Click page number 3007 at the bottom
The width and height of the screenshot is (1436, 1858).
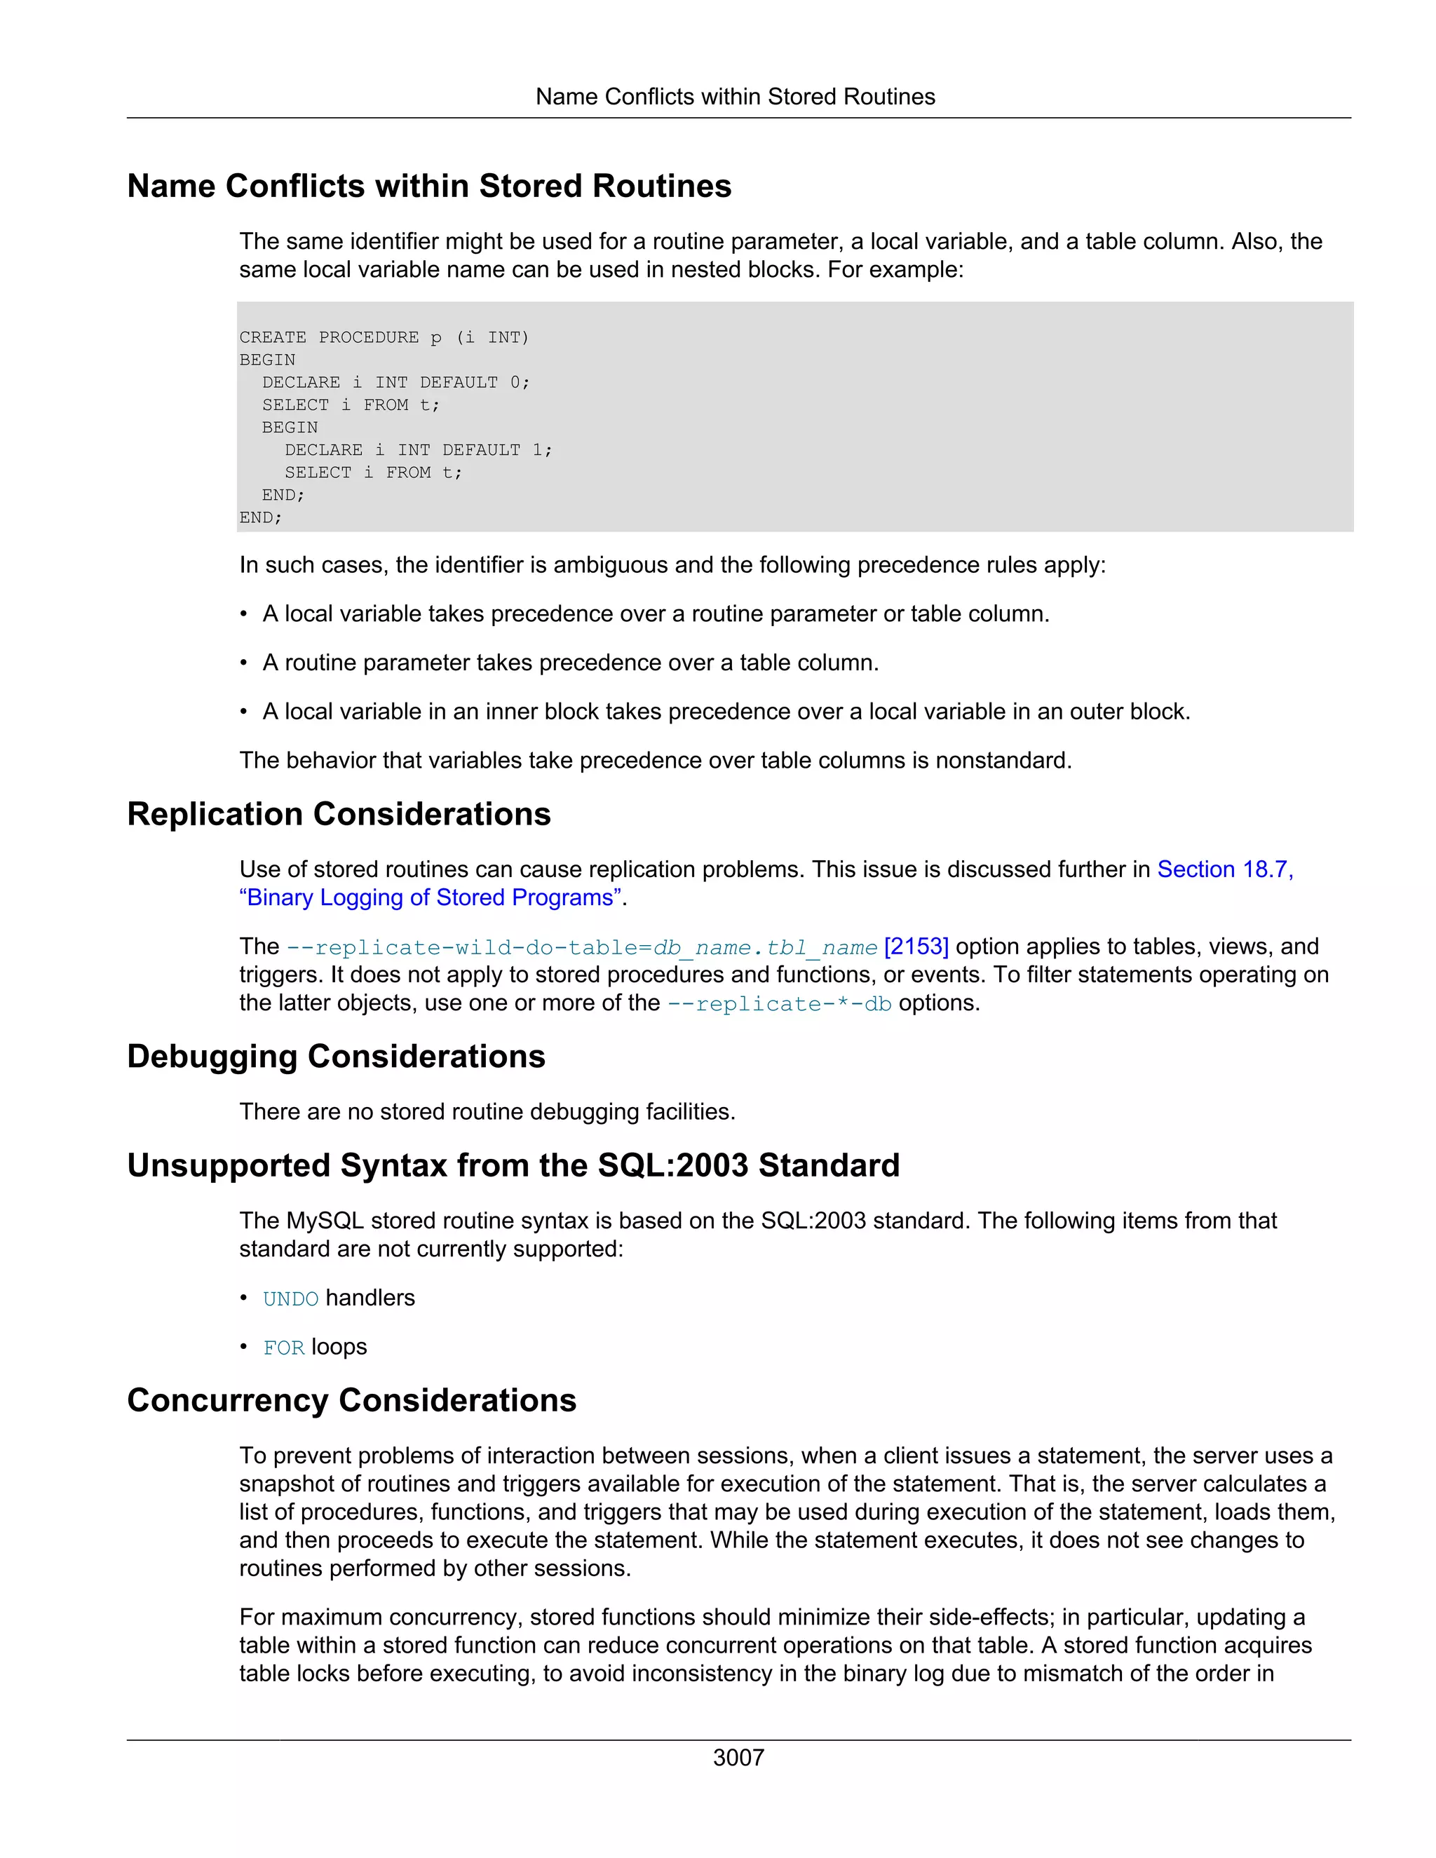(738, 1758)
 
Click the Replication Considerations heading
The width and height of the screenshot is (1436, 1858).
(339, 814)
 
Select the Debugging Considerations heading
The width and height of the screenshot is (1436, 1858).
(336, 1057)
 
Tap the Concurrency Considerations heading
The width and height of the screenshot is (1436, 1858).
(351, 1400)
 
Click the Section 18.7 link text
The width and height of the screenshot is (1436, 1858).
(1224, 869)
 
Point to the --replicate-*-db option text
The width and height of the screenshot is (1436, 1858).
(778, 1004)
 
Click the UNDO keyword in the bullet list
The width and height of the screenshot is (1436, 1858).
(290, 1299)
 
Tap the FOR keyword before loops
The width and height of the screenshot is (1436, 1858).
(283, 1348)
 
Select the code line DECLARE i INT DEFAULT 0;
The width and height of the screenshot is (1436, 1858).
(395, 383)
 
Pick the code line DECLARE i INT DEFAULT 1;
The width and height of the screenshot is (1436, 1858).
(418, 450)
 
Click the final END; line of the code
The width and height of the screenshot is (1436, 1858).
(260, 517)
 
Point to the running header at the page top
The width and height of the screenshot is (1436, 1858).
(735, 97)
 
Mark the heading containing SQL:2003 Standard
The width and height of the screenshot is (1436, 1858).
(513, 1165)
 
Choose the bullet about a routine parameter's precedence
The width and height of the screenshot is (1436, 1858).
(570, 663)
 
